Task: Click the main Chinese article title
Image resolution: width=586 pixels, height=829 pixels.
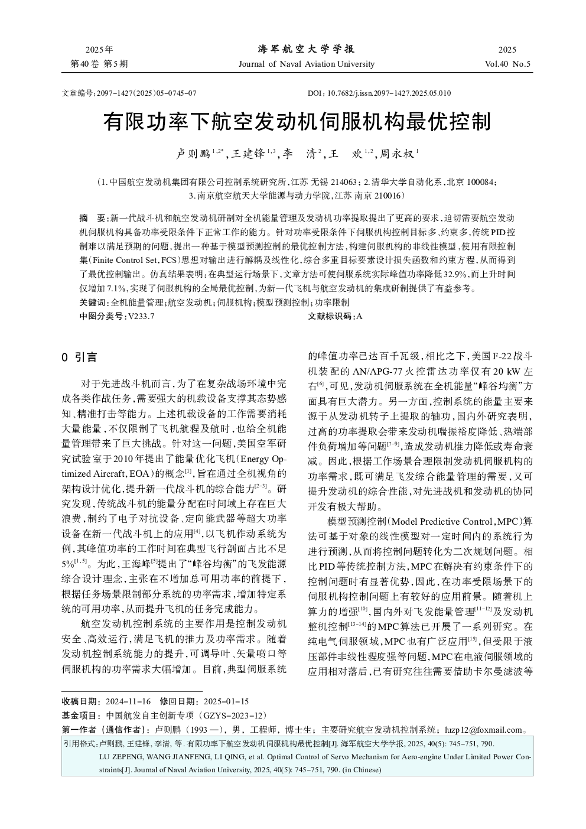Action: click(x=297, y=122)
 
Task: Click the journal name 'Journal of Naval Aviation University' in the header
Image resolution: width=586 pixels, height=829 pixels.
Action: click(x=306, y=64)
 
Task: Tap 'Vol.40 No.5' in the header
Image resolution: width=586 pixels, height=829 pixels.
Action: click(x=507, y=64)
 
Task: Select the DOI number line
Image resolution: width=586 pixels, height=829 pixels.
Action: click(x=379, y=93)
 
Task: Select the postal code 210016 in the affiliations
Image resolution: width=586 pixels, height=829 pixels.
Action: click(x=383, y=195)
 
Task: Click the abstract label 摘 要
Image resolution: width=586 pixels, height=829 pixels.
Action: click(x=92, y=218)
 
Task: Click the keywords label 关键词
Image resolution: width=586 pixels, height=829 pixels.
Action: click(x=93, y=303)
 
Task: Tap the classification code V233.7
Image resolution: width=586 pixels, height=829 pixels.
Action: click(x=141, y=316)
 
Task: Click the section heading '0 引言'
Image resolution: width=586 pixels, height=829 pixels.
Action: click(x=79, y=357)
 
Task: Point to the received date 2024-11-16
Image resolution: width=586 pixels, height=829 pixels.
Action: click(x=128, y=701)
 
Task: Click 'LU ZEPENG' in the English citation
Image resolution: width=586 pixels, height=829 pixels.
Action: click(x=119, y=756)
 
